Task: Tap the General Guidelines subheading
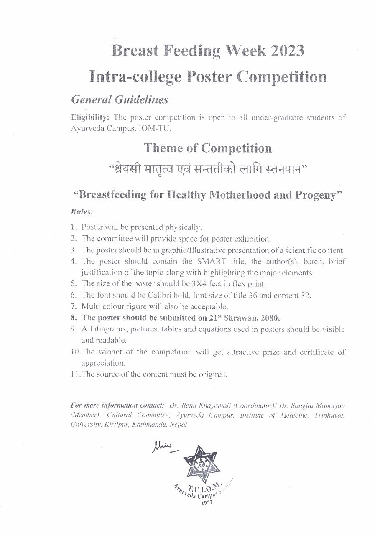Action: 120,100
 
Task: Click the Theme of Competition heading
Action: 207,148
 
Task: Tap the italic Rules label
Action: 82,212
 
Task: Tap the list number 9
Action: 73,329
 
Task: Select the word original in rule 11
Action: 212,374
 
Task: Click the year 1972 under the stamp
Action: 206,503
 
